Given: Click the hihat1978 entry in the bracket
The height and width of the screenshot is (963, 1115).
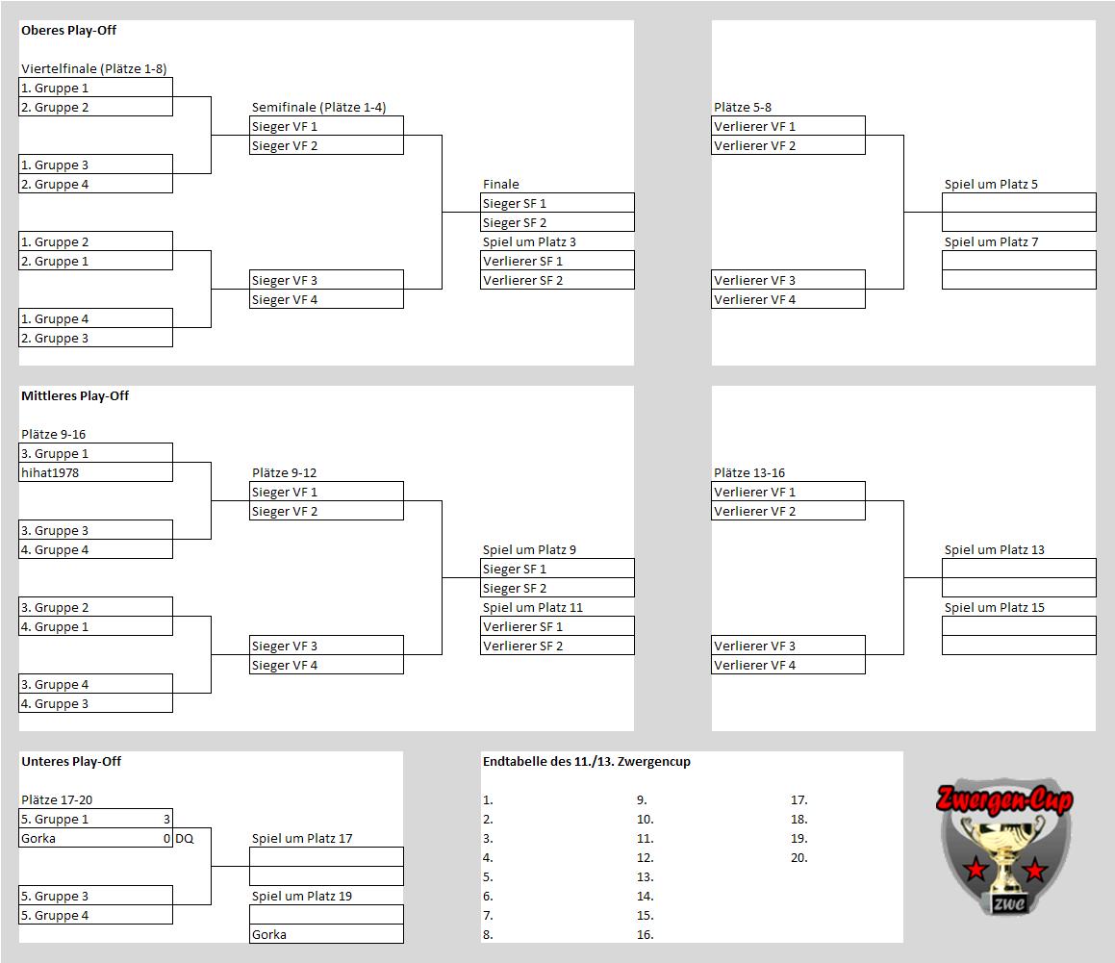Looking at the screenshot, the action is coord(50,473).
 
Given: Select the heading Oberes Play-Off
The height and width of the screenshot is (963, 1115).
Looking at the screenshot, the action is coord(68,31).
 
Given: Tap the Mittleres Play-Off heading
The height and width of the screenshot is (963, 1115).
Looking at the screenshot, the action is coord(75,396).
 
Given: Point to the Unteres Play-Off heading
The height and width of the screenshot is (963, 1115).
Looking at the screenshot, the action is coord(71,762).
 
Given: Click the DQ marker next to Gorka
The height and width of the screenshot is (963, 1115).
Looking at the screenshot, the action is coord(184,839).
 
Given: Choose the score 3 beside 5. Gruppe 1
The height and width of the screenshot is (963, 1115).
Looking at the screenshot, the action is coord(166,820).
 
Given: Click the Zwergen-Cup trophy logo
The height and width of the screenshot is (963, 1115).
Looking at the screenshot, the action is coord(1004,847).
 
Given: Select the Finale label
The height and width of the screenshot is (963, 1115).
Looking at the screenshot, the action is coord(500,184).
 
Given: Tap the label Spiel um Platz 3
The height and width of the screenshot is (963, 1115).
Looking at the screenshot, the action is coord(529,241).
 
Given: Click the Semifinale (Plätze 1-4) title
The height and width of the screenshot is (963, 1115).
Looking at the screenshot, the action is coord(318,108).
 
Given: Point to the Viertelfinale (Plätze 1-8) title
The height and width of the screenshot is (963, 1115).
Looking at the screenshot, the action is coord(94,69).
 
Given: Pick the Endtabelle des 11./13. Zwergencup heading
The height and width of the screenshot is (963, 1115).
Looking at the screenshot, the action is coord(587,762).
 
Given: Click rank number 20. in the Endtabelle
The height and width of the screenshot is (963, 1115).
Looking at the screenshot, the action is coord(799,858).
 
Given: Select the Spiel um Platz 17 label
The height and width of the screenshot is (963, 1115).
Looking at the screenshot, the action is coord(301,839).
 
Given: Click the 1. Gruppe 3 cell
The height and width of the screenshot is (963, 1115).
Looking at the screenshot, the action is coord(95,165).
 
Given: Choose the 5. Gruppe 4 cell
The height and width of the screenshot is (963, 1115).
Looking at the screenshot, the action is coord(95,915).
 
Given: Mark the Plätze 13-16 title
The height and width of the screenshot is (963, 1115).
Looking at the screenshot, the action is coord(749,473).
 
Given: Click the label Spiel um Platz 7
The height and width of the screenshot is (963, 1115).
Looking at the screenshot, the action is coord(991,241).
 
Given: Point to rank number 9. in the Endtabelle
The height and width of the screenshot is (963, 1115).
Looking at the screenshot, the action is coord(642,800).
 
